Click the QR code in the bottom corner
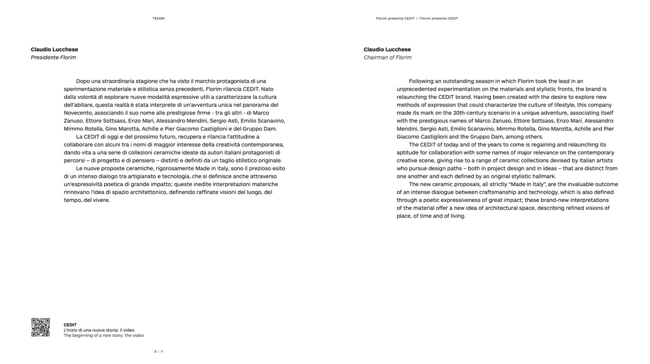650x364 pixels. pyautogui.click(x=41, y=327)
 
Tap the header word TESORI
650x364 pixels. pyautogui.click(x=159, y=19)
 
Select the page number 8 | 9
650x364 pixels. pyautogui.click(x=159, y=352)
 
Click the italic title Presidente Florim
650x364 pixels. pyautogui.click(x=53, y=58)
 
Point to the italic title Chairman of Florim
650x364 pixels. pyautogui.click(x=387, y=58)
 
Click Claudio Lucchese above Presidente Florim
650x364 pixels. pyautogui.click(x=54, y=49)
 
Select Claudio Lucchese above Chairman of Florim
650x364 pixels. pyautogui.click(x=387, y=49)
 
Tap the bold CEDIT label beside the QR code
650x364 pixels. pyautogui.click(x=70, y=325)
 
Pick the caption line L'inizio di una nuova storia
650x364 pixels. pyautogui.click(x=99, y=330)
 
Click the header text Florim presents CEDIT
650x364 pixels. pyautogui.click(x=439, y=19)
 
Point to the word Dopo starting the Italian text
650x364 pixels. pyautogui.click(x=83, y=81)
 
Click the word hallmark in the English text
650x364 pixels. pyautogui.click(x=544, y=176)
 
